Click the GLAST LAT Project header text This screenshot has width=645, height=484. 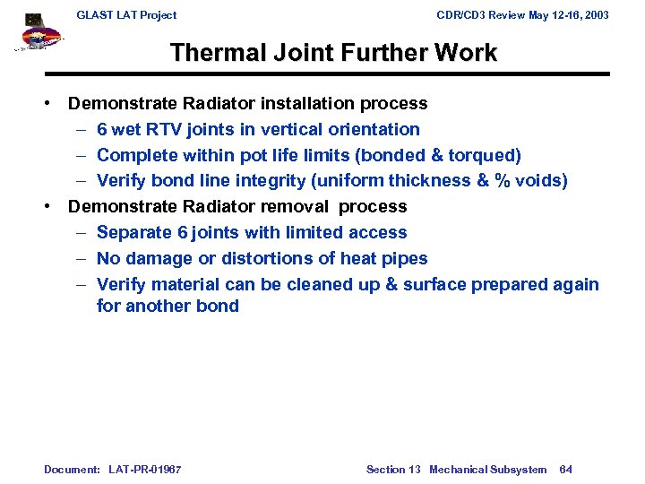coord(126,15)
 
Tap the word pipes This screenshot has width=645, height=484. coord(403,258)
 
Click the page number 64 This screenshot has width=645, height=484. coord(566,470)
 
